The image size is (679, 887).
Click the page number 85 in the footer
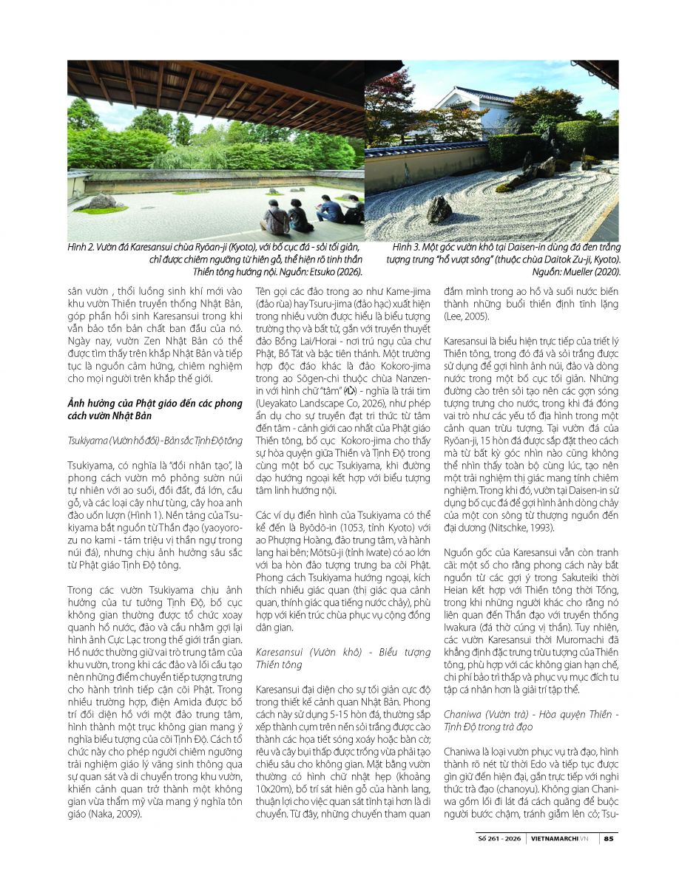(x=609, y=838)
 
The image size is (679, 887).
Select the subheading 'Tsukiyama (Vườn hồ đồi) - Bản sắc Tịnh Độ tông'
(x=155, y=441)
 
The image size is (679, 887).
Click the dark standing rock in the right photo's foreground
(x=439, y=210)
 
